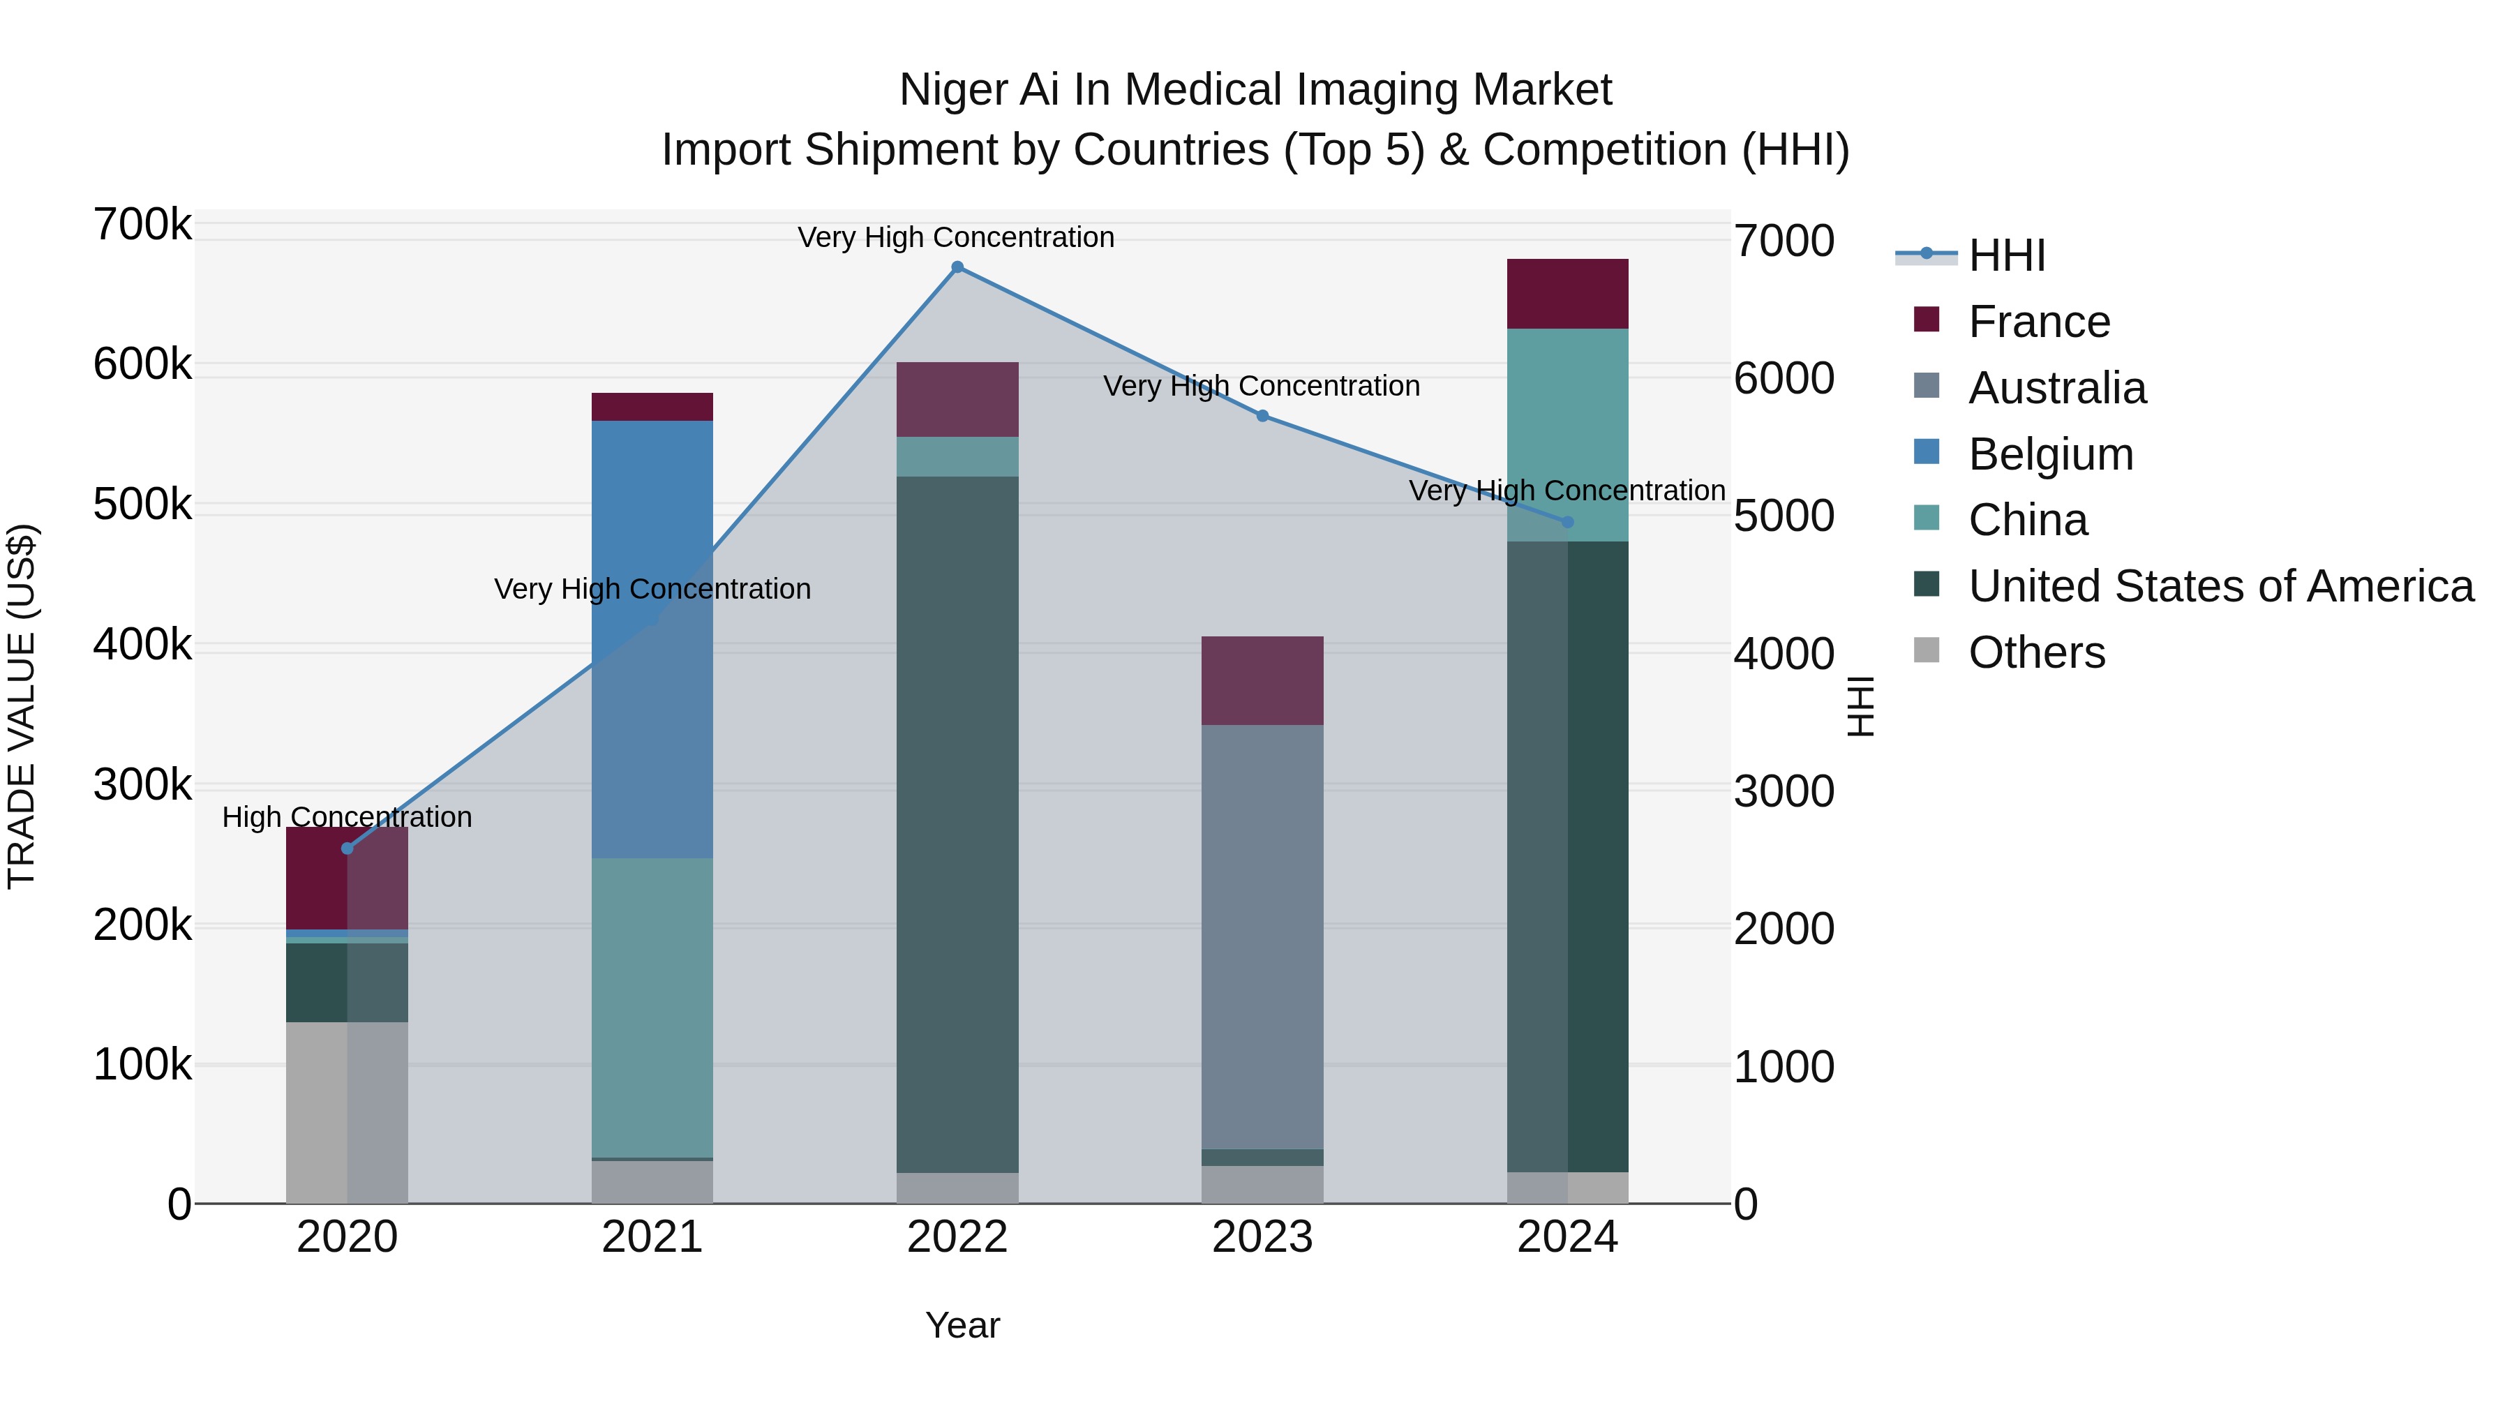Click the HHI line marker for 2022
[x=957, y=267]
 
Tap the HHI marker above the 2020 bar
[x=347, y=848]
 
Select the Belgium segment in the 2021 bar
[x=652, y=638]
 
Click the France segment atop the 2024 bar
[x=1567, y=294]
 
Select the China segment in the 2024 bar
[x=1567, y=434]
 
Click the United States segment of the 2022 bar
[x=957, y=824]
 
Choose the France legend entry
[x=2038, y=322]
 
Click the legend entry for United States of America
[x=2220, y=586]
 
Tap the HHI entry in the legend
[x=2006, y=255]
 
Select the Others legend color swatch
[x=1926, y=650]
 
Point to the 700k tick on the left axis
[x=142, y=225]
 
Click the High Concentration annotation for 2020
[x=347, y=817]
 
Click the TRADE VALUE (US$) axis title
[x=22, y=706]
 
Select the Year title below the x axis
[x=962, y=1325]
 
